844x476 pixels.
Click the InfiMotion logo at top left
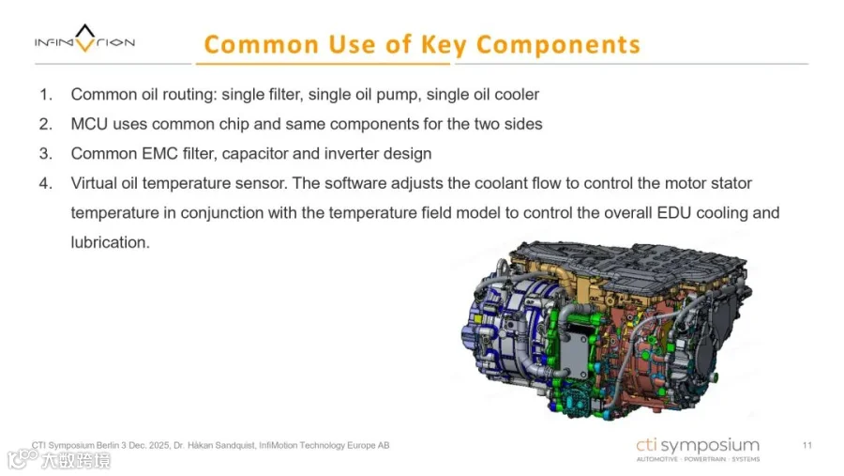coord(84,38)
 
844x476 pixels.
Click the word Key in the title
coord(444,45)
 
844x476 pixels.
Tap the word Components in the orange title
coord(558,45)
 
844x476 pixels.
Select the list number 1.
coord(46,95)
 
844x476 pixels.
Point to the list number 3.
coord(46,154)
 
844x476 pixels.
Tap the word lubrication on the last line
coord(110,242)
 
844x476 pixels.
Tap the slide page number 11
coord(806,445)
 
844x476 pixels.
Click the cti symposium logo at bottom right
coord(698,450)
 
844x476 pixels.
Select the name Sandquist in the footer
coord(234,446)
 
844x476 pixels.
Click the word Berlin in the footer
coord(108,446)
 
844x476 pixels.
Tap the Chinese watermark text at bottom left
coord(76,461)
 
